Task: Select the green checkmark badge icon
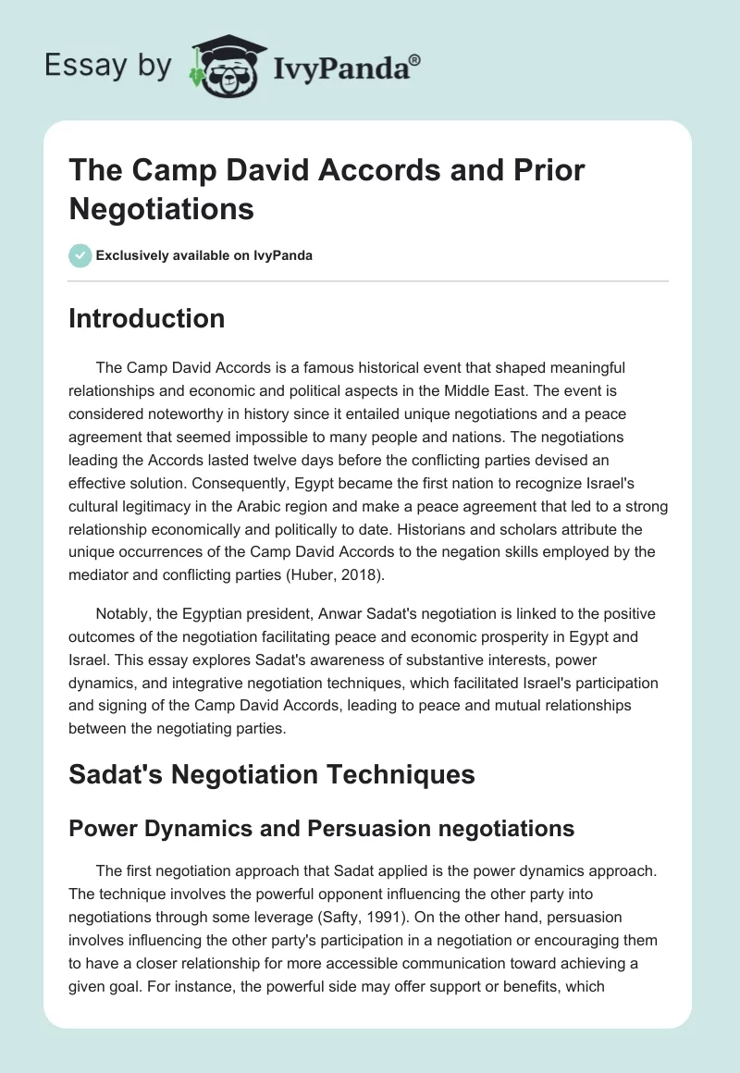pos(80,255)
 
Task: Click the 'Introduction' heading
pos(146,319)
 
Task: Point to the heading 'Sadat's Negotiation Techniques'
pos(272,774)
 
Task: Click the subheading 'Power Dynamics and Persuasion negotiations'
pos(322,829)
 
